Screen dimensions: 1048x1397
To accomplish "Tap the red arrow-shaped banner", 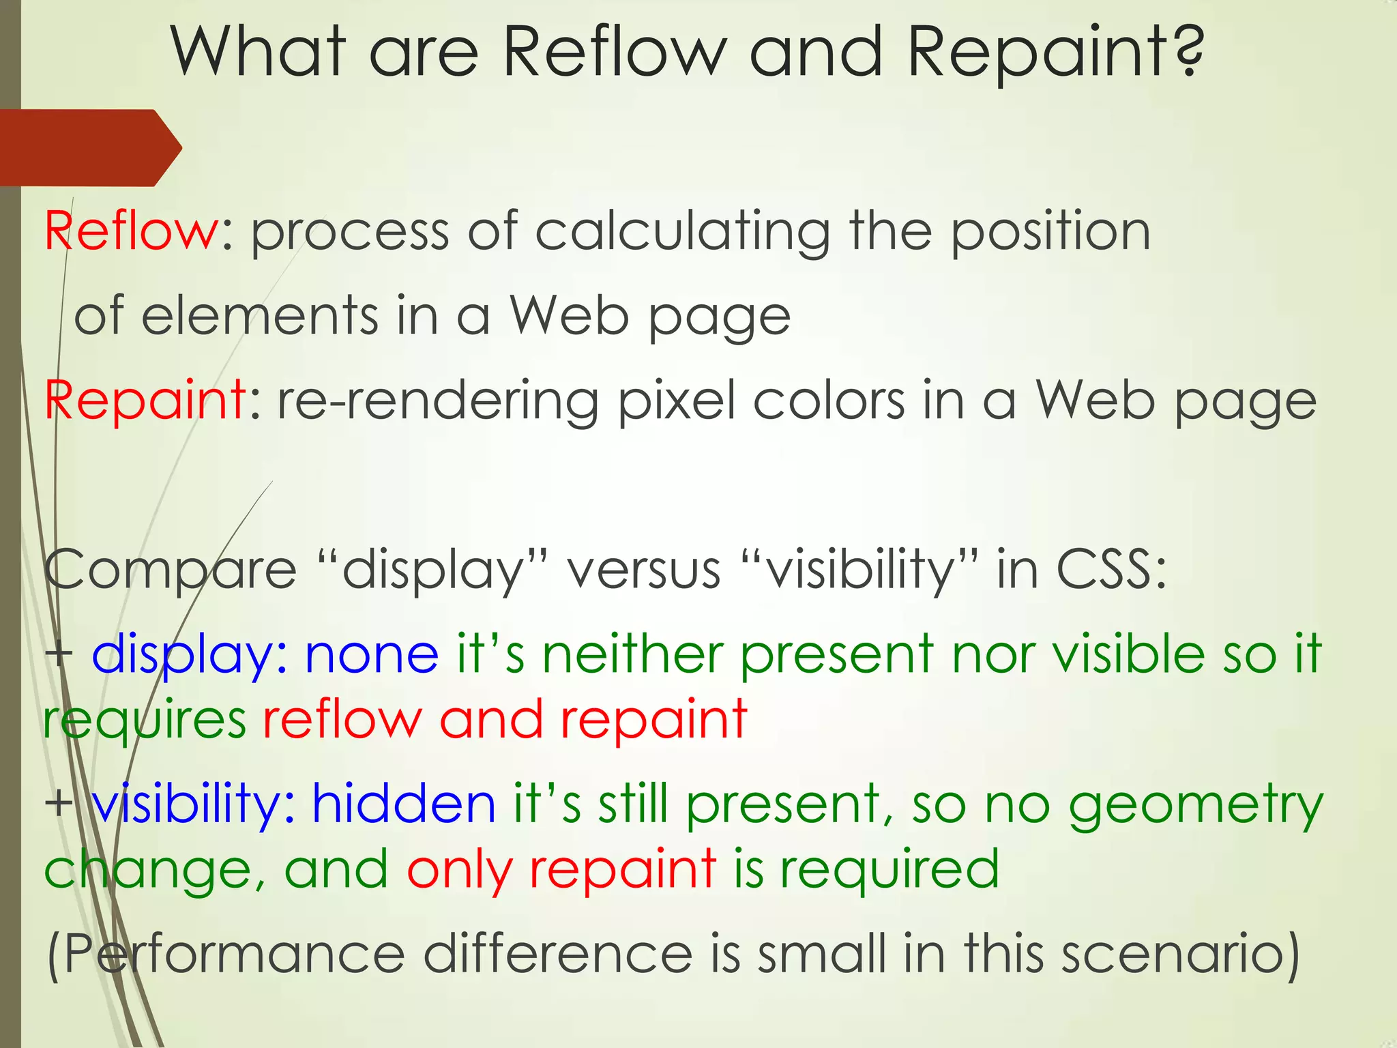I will (x=89, y=147).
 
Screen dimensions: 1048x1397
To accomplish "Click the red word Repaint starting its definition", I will (x=145, y=401).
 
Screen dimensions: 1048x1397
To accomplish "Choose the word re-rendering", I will (x=437, y=401).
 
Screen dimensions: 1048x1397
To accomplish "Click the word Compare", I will (x=171, y=570).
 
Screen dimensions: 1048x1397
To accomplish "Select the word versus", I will (x=644, y=570).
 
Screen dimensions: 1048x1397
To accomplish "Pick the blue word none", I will (x=372, y=654).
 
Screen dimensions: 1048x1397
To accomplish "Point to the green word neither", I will (x=632, y=654).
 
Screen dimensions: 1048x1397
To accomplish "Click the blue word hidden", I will (x=404, y=804).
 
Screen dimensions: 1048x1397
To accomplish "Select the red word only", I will (x=459, y=871).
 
